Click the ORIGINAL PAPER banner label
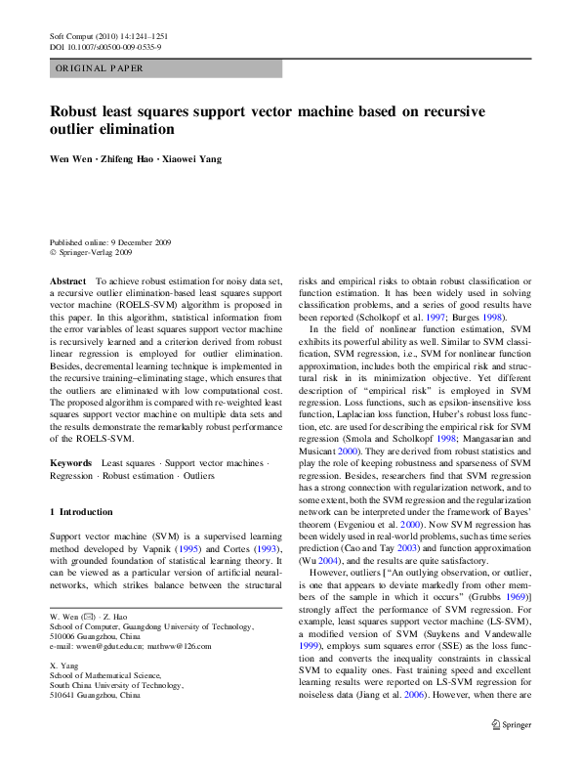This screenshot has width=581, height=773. pos(100,68)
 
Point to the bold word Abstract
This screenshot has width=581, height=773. pos(67,280)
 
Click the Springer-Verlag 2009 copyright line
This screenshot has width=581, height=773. pos(96,252)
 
